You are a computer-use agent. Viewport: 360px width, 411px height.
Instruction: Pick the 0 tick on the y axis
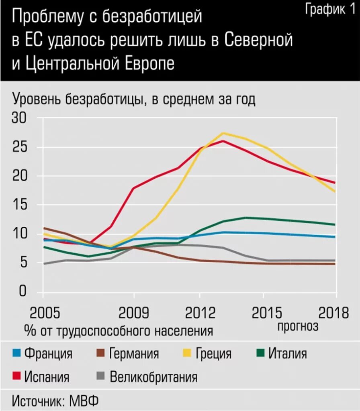[22, 291]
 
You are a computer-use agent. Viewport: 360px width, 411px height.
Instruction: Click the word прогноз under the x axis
[298, 326]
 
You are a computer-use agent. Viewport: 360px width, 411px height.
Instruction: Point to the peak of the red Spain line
[223, 140]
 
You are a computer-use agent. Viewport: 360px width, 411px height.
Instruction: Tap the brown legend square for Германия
[101, 354]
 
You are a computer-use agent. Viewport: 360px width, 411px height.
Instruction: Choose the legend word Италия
[287, 354]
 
